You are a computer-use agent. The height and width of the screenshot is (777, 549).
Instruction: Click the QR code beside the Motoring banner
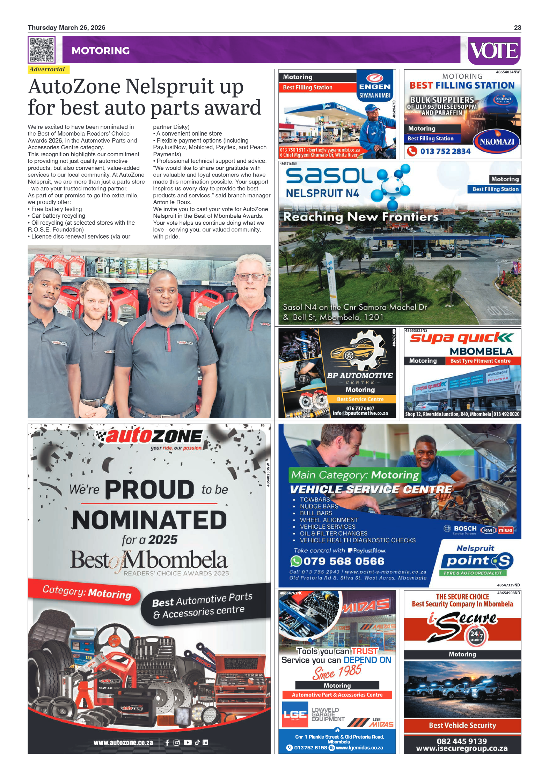(41, 50)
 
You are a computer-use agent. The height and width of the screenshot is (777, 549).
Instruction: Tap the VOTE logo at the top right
(494, 51)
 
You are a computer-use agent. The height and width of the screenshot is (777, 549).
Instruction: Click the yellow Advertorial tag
(48, 70)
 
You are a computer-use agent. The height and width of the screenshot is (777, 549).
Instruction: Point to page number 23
(517, 28)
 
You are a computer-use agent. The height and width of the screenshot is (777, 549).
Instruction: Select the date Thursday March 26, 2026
(66, 28)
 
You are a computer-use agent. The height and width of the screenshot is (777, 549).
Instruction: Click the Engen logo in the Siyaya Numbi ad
(375, 82)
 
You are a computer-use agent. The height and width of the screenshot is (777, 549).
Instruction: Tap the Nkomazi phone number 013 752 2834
(445, 151)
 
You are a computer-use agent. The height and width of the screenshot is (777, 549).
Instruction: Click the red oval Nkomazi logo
(497, 141)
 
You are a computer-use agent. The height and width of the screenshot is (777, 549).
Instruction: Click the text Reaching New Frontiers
(361, 217)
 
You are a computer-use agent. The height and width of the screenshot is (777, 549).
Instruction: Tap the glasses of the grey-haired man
(250, 277)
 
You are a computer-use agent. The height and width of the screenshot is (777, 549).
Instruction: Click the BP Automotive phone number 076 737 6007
(360, 408)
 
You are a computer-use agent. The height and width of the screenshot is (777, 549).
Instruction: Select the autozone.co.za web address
(123, 742)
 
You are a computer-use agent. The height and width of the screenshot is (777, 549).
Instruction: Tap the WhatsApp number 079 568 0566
(344, 561)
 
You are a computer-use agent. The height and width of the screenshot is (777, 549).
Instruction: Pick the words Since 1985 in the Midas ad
(337, 671)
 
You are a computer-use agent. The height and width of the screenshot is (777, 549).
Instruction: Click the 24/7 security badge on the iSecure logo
(476, 635)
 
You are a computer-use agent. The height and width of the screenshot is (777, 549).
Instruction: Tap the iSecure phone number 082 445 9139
(461, 741)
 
